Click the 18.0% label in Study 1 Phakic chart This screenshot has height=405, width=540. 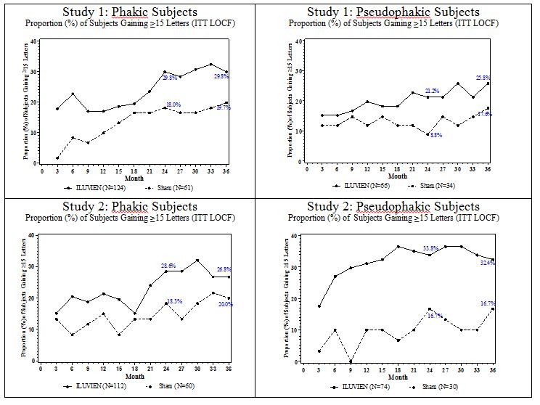pos(173,105)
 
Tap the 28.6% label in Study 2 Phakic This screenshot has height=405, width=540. pos(168,266)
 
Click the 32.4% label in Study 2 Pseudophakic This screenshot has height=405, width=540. pos(487,263)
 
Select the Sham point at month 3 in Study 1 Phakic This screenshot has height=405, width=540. pos(57,157)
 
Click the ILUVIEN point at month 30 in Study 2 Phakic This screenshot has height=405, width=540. pos(217,260)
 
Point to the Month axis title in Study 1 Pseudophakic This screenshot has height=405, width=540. pos(398,176)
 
